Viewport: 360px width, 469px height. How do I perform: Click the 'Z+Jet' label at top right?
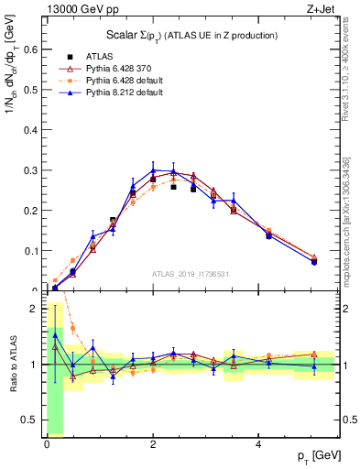tap(321, 9)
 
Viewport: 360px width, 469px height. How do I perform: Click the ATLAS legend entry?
tap(99, 57)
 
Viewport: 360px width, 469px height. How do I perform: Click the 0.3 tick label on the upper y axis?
tap(32, 170)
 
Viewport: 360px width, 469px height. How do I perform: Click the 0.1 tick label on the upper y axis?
tap(32, 251)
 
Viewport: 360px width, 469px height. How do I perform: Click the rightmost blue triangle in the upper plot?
tap(314, 262)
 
